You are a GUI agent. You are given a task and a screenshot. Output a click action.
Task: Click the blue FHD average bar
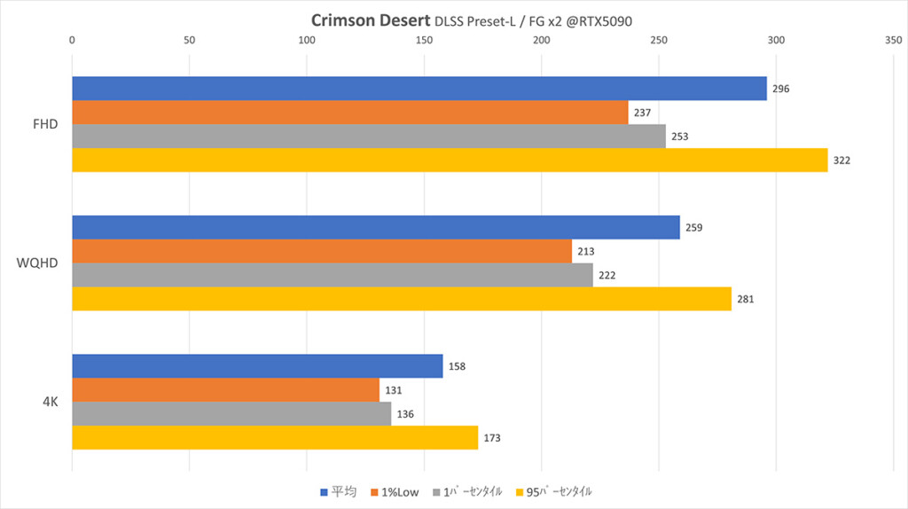point(419,89)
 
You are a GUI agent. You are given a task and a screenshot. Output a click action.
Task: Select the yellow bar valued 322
point(449,161)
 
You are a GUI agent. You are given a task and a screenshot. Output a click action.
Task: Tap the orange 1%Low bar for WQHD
point(321,252)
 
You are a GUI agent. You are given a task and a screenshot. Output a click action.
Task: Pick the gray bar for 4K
point(231,414)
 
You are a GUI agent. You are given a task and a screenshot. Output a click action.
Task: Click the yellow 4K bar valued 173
point(274,438)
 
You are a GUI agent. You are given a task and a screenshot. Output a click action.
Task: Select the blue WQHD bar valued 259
point(375,228)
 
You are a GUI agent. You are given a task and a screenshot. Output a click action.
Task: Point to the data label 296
point(780,89)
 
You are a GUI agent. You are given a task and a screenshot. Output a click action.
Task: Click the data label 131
point(394,390)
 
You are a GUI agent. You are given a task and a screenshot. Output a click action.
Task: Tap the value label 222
point(607,276)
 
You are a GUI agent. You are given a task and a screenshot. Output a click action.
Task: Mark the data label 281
point(745,300)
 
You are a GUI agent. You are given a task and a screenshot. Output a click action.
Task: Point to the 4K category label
point(50,402)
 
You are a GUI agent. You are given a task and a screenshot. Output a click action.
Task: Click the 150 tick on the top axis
point(424,40)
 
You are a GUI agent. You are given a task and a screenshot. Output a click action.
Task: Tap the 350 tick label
point(893,40)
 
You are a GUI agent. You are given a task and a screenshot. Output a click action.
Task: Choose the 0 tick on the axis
point(72,40)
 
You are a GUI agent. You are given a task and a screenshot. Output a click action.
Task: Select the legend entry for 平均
point(338,491)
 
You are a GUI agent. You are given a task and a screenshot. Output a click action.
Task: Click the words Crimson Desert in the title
point(370,20)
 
